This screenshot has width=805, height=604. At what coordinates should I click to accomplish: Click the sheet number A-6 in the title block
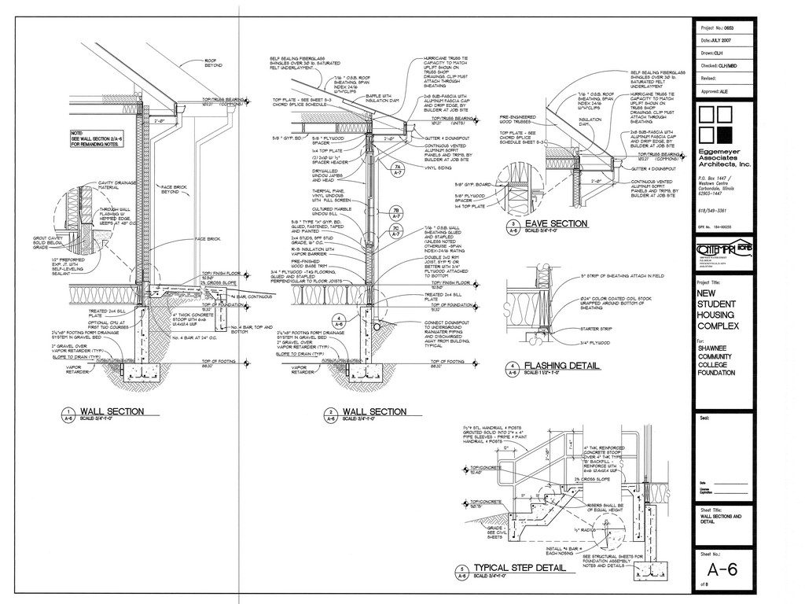[x=722, y=570]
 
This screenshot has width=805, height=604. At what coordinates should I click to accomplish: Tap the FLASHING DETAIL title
[x=561, y=366]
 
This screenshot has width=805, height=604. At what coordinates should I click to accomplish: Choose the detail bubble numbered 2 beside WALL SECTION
[x=331, y=414]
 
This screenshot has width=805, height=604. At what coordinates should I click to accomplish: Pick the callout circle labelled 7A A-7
[x=399, y=171]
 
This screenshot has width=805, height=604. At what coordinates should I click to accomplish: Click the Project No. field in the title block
[x=722, y=26]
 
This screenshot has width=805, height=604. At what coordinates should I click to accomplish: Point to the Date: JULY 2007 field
[x=722, y=39]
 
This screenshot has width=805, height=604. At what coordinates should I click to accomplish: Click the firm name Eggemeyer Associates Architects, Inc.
[x=724, y=159]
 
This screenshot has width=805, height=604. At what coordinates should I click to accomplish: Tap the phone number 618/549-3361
[x=712, y=211]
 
